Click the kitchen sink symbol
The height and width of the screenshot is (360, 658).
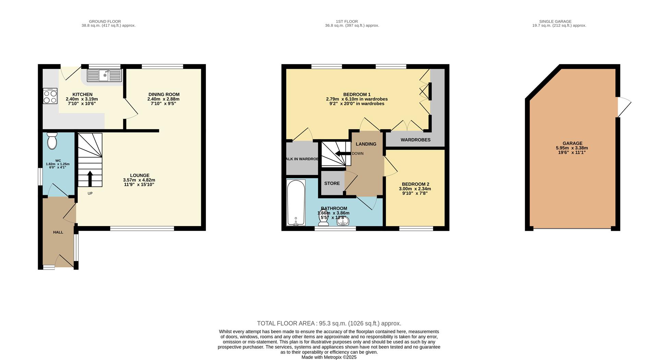point(104,75)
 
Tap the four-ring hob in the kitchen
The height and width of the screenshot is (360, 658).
point(50,96)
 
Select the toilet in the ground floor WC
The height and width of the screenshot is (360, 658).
point(52,141)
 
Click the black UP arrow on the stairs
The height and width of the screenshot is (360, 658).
point(90,178)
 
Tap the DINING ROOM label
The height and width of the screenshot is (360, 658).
point(164,95)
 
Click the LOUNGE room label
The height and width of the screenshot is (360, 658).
point(139,175)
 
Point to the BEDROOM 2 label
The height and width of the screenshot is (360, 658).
point(415,184)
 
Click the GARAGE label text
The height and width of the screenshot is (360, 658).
point(572,144)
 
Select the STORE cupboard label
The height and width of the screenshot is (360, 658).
point(332,184)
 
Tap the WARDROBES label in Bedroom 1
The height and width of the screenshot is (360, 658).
point(415,140)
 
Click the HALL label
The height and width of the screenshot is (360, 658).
point(58,232)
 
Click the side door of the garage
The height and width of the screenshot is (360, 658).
point(624,107)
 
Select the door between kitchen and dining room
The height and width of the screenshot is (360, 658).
point(131,108)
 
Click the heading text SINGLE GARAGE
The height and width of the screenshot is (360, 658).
point(555,21)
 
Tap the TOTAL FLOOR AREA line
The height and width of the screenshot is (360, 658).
point(329,323)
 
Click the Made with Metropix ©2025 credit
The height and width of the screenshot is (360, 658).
point(329,357)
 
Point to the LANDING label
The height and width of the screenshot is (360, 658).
point(366,144)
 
